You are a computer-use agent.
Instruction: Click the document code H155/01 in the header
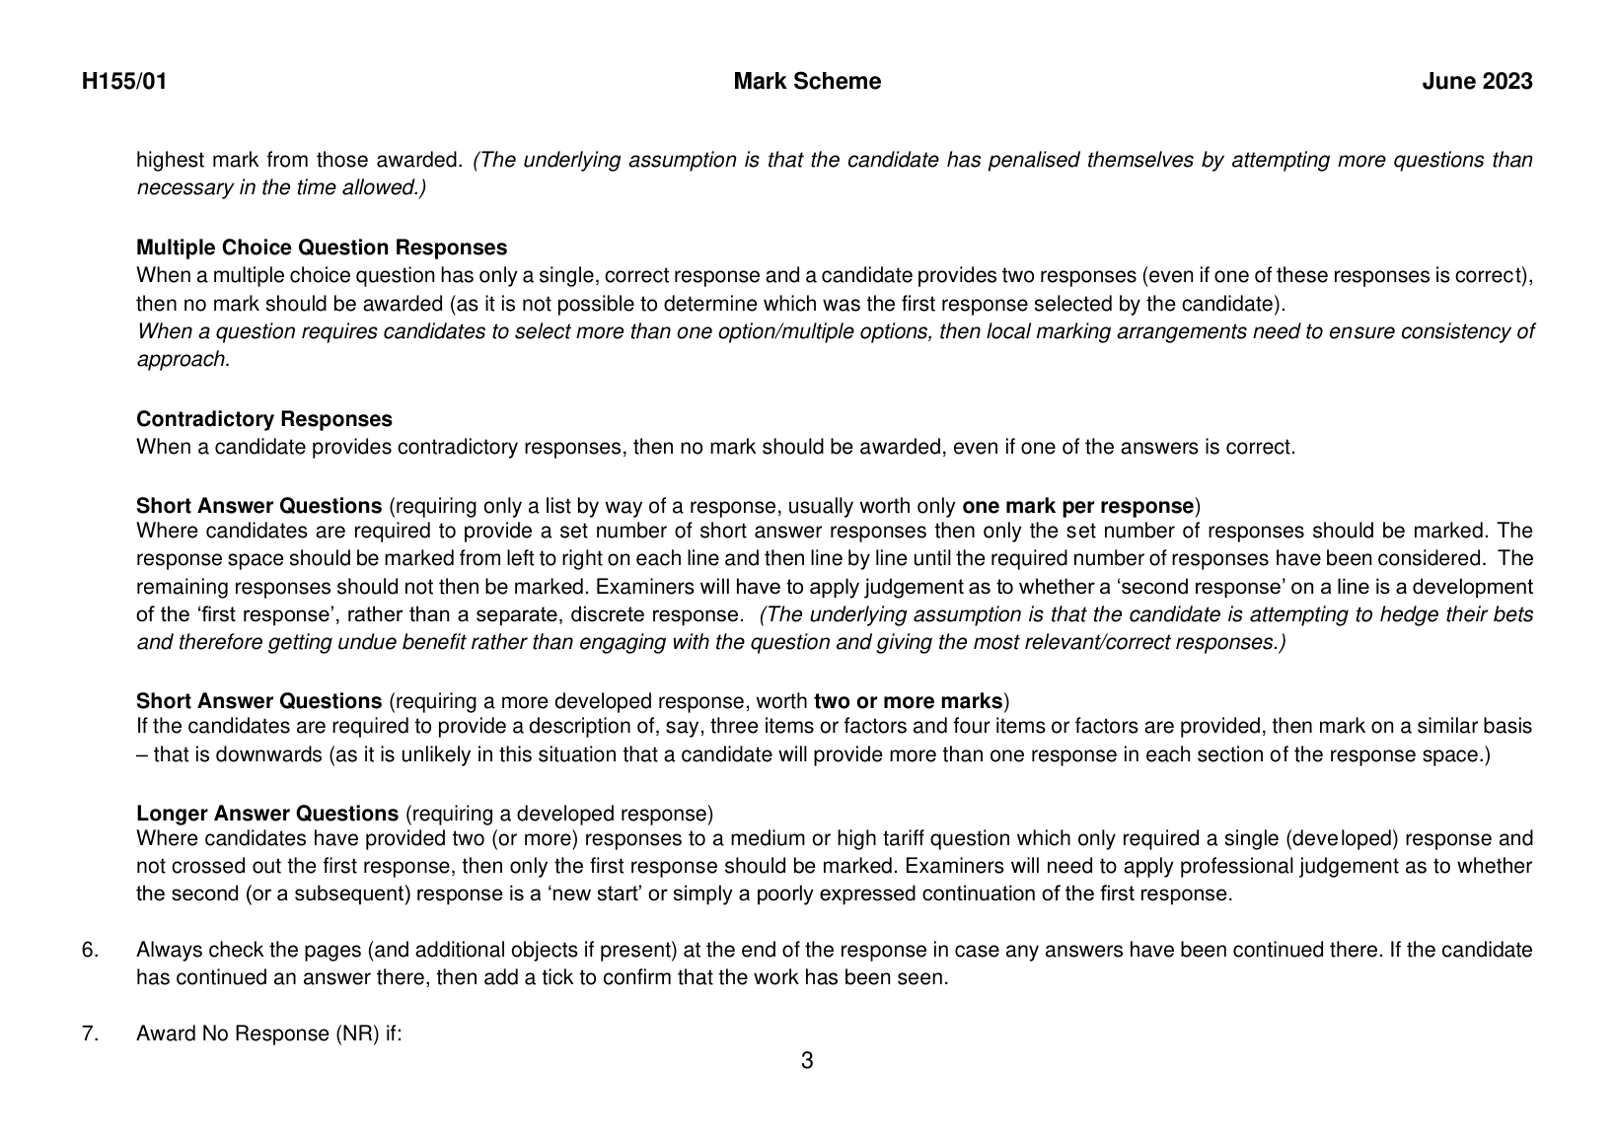[124, 82]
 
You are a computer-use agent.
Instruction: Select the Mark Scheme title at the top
[807, 82]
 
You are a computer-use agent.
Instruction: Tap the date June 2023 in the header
[1477, 82]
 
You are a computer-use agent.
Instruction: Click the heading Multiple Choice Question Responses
[322, 248]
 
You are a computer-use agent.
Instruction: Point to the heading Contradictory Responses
[263, 419]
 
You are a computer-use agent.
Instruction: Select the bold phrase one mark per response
[1077, 506]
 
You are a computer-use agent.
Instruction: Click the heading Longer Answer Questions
[266, 814]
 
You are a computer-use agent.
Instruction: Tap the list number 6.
[90, 950]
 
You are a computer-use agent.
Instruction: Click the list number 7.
[90, 1033]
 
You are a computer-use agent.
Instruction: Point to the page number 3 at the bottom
[807, 1061]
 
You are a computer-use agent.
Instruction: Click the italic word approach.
[183, 359]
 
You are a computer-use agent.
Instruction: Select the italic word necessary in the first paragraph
[184, 187]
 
